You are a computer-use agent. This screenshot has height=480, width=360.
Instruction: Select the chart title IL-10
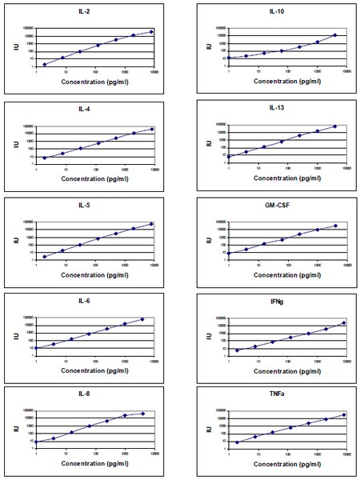(276, 13)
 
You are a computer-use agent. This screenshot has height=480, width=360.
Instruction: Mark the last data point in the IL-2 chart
(152, 32)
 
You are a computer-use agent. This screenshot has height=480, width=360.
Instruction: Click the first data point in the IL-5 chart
(45, 257)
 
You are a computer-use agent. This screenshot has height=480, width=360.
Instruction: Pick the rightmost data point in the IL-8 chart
(143, 414)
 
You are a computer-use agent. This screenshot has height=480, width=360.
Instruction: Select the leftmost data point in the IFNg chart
(237, 350)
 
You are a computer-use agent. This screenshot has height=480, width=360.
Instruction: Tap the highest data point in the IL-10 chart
(335, 35)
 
